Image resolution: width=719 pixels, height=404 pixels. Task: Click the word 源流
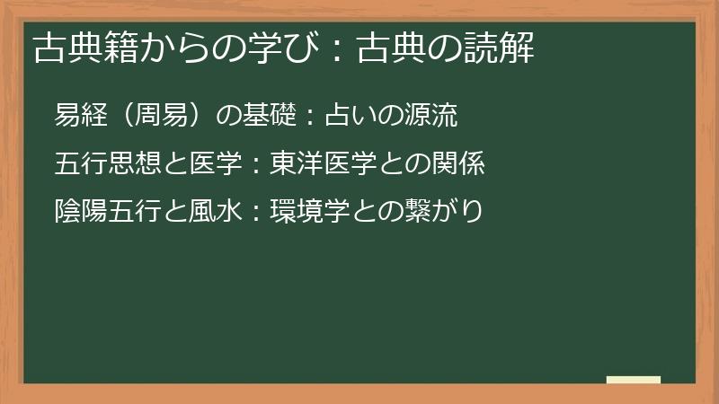click(x=435, y=116)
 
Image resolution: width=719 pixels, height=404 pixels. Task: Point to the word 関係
click(x=464, y=164)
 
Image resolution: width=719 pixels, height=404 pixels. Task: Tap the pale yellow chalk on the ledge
click(x=634, y=380)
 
